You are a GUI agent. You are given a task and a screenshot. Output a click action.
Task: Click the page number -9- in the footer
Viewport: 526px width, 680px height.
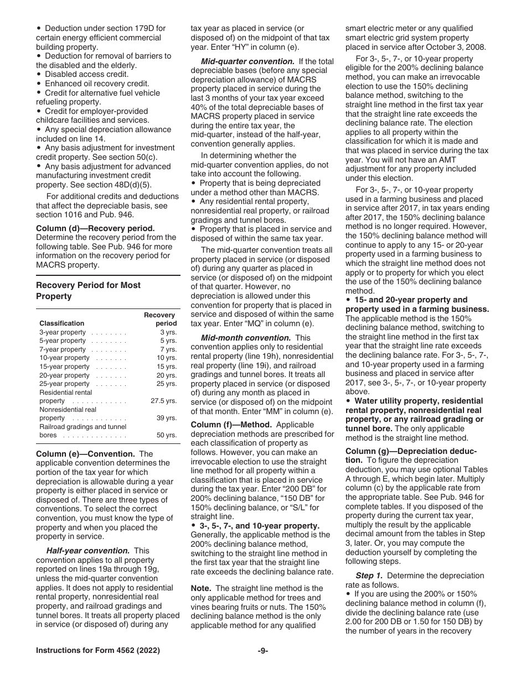click(x=263, y=651)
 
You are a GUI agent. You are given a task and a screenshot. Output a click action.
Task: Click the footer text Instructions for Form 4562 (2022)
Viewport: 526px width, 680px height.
click(x=98, y=651)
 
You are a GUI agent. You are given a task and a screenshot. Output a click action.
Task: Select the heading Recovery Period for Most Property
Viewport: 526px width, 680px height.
click(x=89, y=290)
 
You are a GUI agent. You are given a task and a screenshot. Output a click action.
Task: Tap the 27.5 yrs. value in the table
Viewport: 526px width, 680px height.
click(x=164, y=401)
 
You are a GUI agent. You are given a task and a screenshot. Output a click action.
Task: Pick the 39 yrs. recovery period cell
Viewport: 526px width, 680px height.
click(x=167, y=418)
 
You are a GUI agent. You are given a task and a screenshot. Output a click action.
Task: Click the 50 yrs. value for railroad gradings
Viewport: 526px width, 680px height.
click(x=167, y=435)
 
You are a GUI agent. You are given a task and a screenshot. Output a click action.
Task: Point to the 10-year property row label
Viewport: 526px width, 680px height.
click(x=64, y=358)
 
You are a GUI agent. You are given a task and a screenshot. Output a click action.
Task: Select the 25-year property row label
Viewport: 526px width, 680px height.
click(x=64, y=384)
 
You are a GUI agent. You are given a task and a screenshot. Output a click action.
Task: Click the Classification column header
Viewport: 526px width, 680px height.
click(x=62, y=323)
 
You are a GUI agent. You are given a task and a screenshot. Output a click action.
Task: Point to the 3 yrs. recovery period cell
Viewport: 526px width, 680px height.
click(x=168, y=332)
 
